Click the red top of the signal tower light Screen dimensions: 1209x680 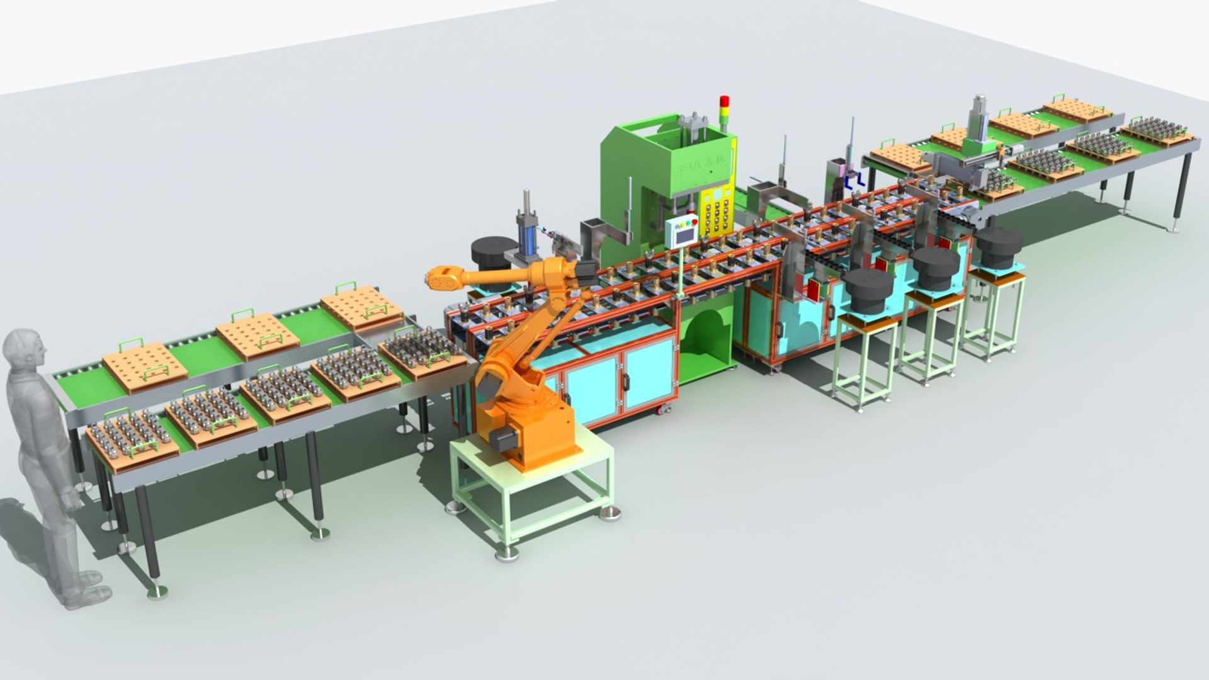coord(724,101)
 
